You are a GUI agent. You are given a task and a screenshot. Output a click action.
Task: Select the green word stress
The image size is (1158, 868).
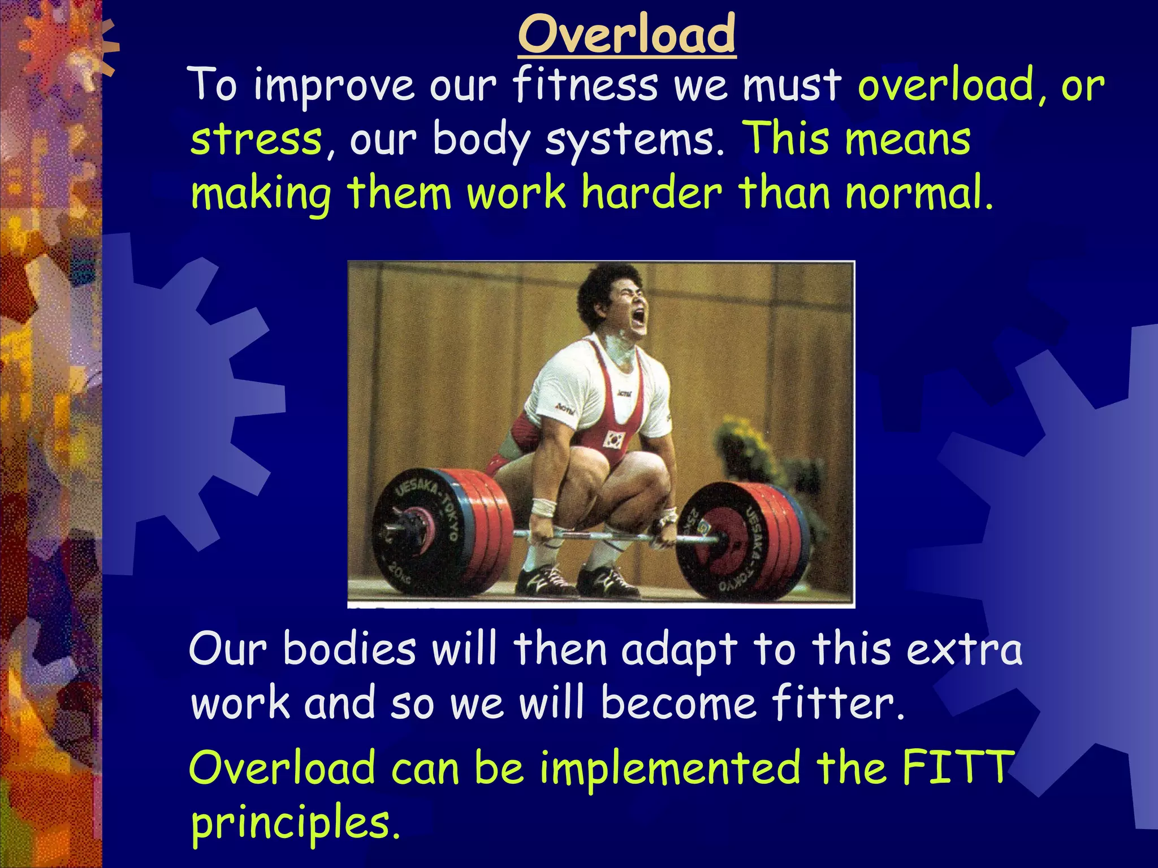256,140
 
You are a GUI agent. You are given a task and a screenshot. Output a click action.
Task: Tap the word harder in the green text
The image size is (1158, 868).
651,193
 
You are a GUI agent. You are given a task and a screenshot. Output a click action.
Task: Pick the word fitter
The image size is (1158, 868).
837,704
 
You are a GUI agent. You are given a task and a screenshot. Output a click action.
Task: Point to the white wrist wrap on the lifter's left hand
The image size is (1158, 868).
544,507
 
